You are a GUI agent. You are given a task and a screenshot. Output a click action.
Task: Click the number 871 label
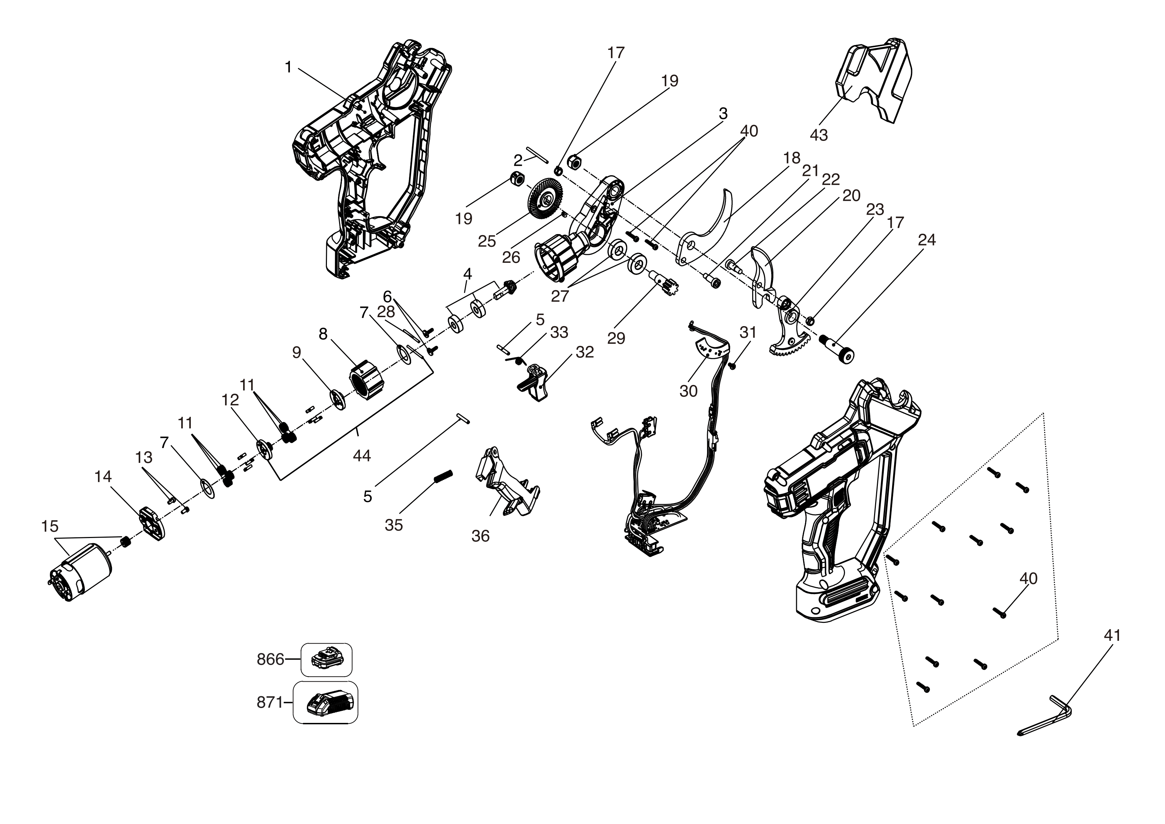(269, 703)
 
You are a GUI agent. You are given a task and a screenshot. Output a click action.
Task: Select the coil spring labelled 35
(444, 477)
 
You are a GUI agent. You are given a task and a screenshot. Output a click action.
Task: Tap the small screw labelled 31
(732, 365)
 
